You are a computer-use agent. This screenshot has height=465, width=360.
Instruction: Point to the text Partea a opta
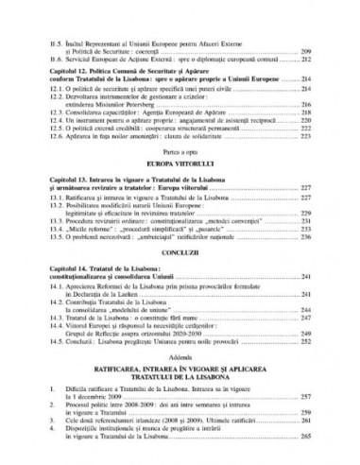click(180, 181)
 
